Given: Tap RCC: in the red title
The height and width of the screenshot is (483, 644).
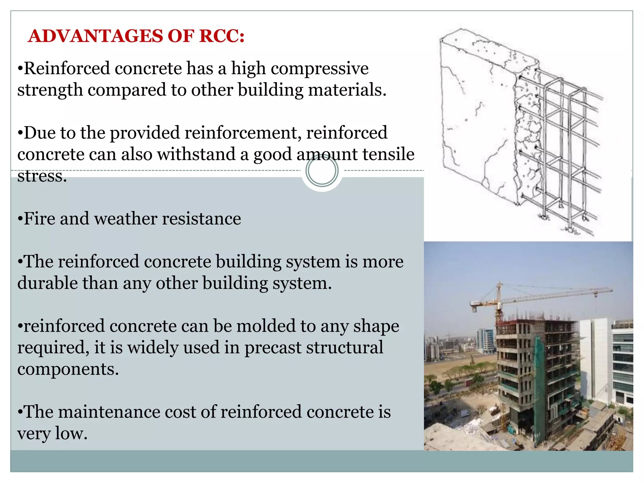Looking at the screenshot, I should [222, 36].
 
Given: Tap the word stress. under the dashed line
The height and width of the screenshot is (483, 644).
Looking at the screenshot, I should [42, 176].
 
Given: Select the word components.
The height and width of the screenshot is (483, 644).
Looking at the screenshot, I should [68, 369].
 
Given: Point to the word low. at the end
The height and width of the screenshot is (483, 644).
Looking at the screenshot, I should [71, 434].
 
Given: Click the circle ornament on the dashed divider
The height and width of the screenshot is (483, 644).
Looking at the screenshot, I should [322, 171].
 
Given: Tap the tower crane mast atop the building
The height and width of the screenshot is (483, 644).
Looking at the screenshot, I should [499, 302].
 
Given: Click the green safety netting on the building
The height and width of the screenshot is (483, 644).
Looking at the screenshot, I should [540, 377].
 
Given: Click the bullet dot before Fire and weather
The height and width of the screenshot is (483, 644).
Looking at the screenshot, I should [20, 219].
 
